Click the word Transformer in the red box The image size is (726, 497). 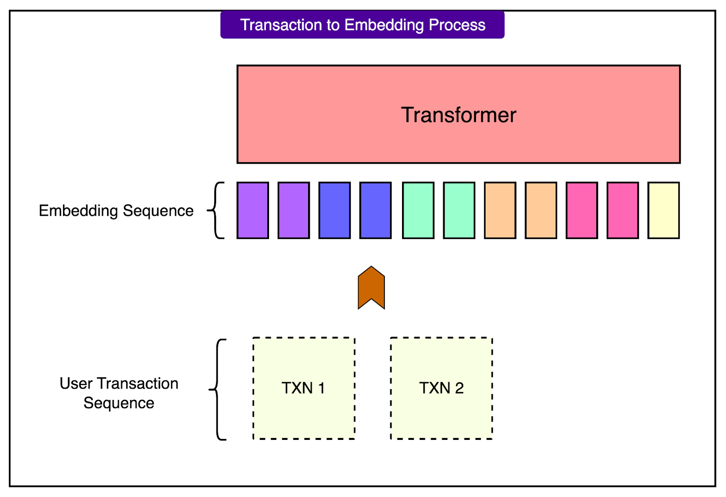(458, 115)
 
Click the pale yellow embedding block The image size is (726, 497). (663, 210)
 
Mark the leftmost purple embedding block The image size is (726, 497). (253, 210)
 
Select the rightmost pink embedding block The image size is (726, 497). (623, 210)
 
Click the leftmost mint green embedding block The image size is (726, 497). (418, 210)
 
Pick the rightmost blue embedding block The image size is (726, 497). (375, 210)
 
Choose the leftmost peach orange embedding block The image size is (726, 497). (500, 210)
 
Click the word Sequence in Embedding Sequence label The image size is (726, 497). (158, 211)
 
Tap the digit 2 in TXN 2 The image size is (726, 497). (459, 388)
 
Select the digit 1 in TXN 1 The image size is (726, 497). (321, 388)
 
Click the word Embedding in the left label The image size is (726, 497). (78, 211)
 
